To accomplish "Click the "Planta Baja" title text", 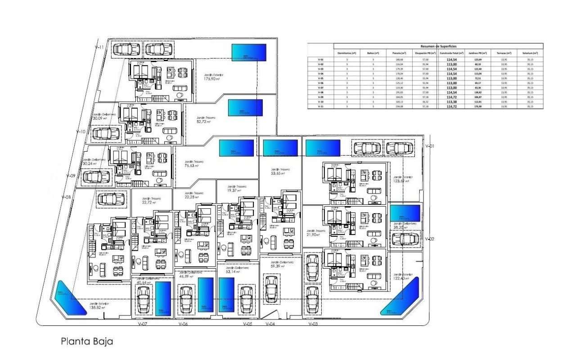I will (87, 342).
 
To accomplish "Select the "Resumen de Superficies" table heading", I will (438, 46).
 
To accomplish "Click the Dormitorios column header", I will (347, 53).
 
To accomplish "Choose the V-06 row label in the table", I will (321, 83).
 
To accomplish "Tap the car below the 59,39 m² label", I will (271, 288).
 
